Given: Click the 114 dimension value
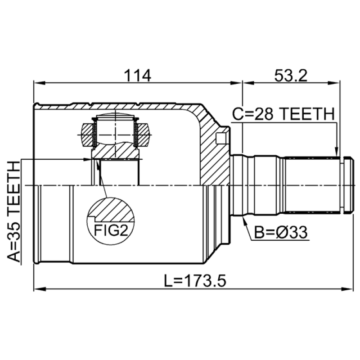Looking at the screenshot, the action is tap(137, 75).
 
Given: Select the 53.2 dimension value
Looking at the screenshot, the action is tap(291, 75).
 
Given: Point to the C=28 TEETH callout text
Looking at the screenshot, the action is tap(283, 114).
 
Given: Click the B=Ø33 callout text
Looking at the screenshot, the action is tap(280, 232).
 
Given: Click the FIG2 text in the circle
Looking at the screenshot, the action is tap(111, 230).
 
